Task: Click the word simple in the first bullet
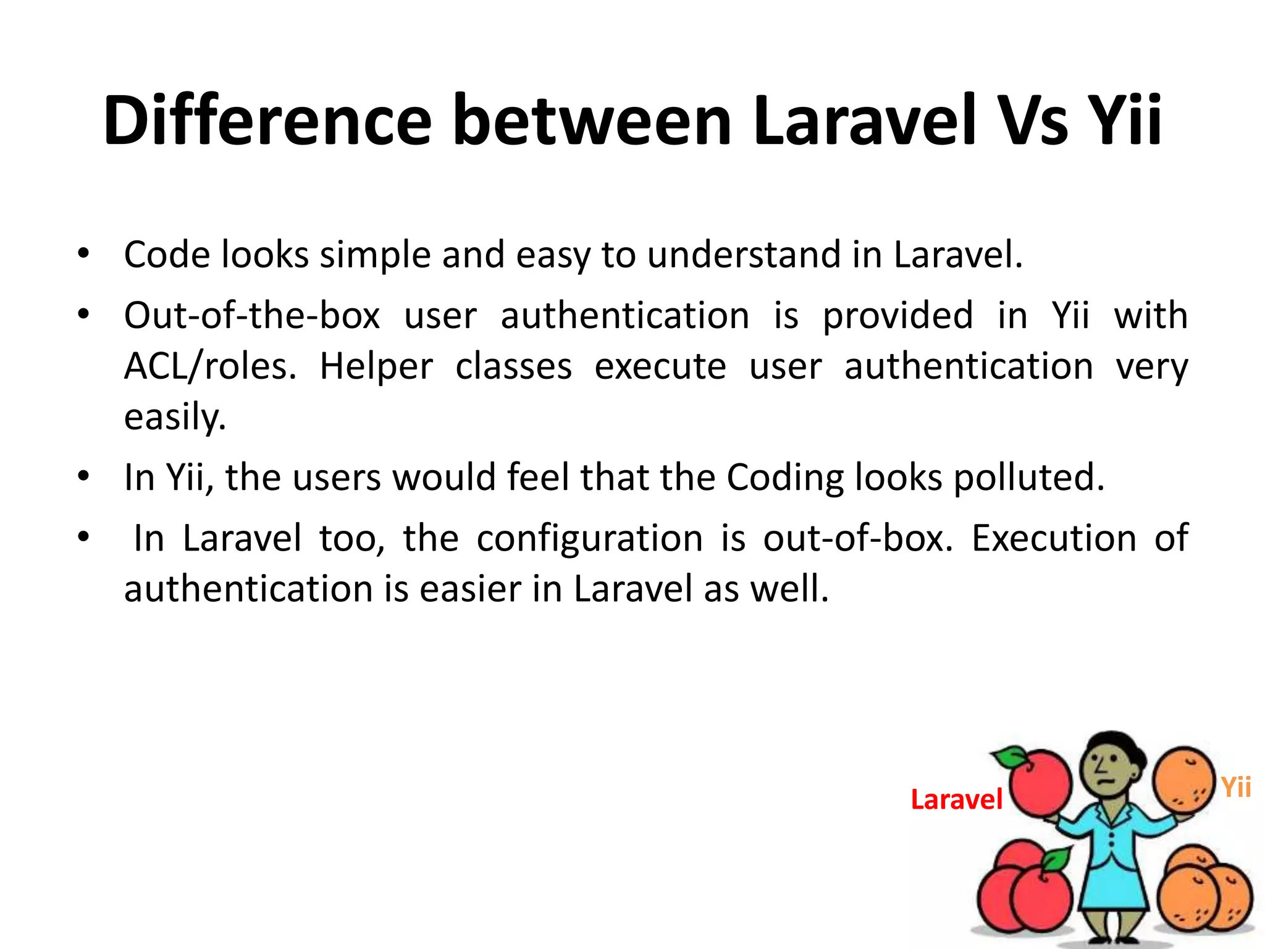click(x=375, y=255)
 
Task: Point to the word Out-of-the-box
click(x=252, y=316)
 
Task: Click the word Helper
click(x=376, y=366)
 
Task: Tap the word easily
click(x=175, y=417)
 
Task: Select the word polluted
click(x=1028, y=478)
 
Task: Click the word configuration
click(x=589, y=538)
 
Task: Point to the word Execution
click(x=1054, y=538)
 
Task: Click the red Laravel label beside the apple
click(x=956, y=799)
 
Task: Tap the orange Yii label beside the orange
click(x=1236, y=788)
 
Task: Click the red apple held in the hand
click(x=1040, y=783)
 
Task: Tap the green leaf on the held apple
click(x=1009, y=756)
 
